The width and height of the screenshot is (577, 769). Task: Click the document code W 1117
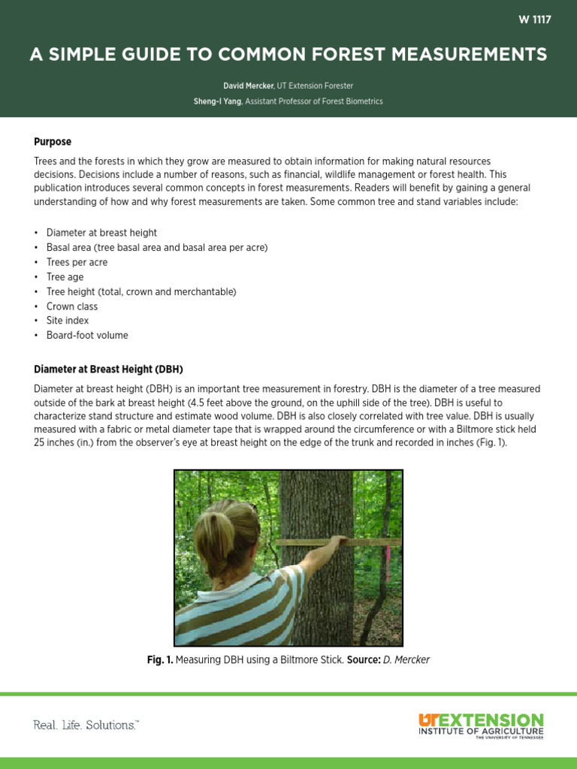click(x=534, y=20)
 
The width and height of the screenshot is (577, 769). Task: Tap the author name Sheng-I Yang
click(x=217, y=101)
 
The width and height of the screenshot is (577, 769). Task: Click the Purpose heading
click(x=53, y=141)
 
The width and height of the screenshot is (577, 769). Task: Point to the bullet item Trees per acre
click(x=77, y=262)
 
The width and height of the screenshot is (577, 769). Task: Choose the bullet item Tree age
click(x=65, y=277)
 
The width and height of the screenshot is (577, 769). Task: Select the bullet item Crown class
click(x=71, y=306)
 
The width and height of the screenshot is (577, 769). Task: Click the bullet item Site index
click(x=68, y=321)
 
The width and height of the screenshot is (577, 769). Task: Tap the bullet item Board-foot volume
click(x=87, y=336)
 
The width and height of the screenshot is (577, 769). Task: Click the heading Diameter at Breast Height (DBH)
click(x=108, y=369)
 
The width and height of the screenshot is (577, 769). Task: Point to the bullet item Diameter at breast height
click(x=101, y=233)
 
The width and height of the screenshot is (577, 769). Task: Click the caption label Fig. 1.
click(x=159, y=660)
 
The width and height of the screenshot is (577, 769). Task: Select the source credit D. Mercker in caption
click(x=406, y=660)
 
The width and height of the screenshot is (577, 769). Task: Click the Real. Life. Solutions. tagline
click(x=86, y=725)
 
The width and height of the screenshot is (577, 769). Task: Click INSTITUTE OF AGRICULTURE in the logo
click(x=480, y=731)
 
